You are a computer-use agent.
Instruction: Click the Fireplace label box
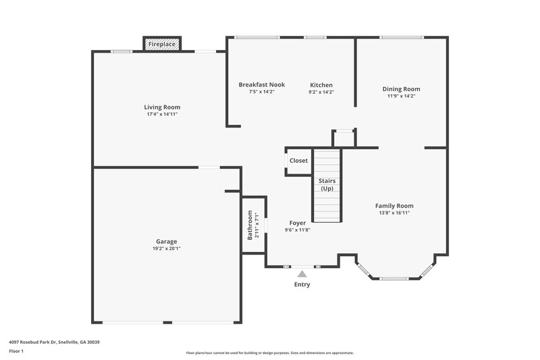pos(162,44)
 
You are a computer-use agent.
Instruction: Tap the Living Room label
pos(162,107)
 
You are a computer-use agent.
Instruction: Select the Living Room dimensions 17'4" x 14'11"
pos(162,114)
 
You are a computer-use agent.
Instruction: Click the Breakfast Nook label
pos(261,84)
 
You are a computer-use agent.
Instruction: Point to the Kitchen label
pos(321,84)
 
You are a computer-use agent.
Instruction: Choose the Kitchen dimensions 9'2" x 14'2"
pos(321,92)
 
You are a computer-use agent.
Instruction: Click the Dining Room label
pos(401,88)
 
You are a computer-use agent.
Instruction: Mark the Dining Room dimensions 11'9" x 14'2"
pos(401,96)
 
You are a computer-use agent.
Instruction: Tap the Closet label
pos(298,161)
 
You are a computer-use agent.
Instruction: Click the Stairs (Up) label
pos(327,184)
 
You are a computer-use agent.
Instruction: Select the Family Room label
pos(395,205)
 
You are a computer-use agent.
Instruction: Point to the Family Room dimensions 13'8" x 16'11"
pos(395,213)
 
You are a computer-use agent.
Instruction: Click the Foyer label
pos(297,223)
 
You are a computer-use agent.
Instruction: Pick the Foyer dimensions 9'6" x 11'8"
pos(297,230)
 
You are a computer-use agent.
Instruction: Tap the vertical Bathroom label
pos(250,226)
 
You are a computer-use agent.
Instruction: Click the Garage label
pos(167,241)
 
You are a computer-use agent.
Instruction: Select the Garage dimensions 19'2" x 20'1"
pos(167,249)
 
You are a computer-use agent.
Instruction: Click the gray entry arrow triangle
pos(302,274)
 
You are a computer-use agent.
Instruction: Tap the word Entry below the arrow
pos(302,284)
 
